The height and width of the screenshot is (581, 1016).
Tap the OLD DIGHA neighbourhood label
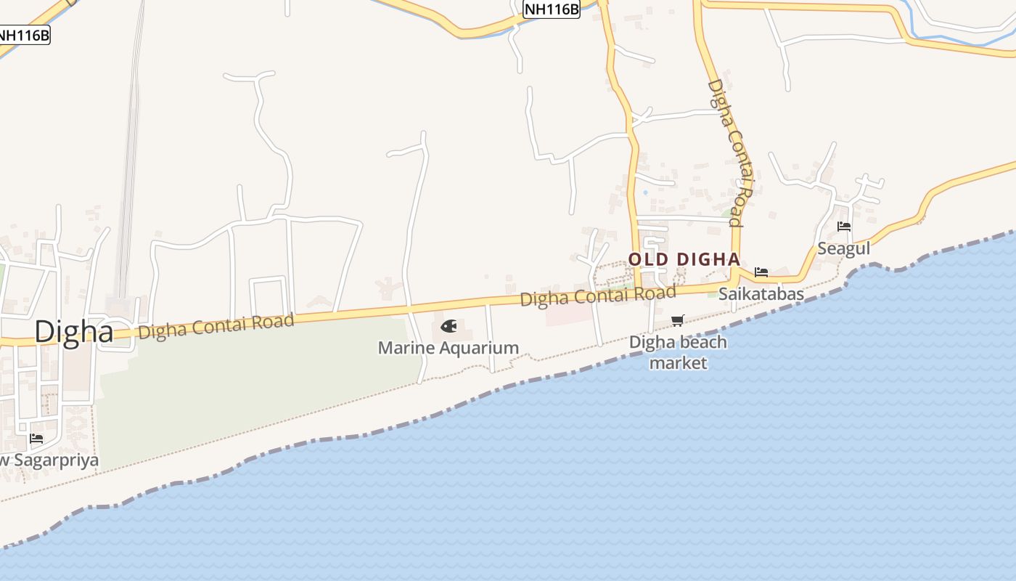(684, 259)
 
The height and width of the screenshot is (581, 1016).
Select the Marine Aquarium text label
(448, 348)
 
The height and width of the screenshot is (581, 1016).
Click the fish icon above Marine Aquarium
(449, 327)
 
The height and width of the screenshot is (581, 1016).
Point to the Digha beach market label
(678, 352)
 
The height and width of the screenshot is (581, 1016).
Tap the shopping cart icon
(678, 320)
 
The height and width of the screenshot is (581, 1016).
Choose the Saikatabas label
(761, 293)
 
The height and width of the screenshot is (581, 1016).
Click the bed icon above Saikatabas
(761, 272)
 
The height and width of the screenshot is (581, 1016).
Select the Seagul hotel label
(843, 248)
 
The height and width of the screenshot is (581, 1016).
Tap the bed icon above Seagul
(844, 227)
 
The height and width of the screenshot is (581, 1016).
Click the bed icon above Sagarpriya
(36, 439)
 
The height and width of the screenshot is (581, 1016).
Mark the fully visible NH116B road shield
(552, 9)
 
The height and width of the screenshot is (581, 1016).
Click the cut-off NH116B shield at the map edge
(24, 34)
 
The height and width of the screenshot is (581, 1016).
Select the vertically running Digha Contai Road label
(734, 153)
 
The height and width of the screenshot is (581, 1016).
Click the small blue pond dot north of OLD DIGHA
(645, 192)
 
